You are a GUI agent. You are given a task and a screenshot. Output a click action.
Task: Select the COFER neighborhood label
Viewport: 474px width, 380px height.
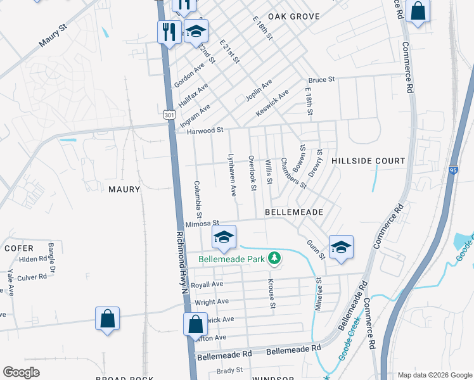[18, 248]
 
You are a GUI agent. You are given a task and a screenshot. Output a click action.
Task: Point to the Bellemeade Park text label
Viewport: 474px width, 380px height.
[232, 259]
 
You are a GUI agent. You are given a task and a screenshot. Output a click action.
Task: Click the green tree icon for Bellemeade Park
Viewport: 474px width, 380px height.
[274, 258]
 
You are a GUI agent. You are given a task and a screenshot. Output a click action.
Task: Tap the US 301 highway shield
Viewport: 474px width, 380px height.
[168, 115]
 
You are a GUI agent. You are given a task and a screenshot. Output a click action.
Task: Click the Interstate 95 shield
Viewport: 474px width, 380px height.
[452, 170]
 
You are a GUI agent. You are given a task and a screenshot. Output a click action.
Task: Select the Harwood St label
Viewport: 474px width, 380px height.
[206, 130]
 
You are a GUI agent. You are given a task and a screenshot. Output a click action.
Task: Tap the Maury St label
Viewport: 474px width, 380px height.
[54, 40]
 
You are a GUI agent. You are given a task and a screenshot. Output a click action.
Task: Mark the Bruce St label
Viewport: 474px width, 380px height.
[321, 80]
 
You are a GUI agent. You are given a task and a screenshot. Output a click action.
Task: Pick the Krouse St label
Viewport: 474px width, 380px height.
[272, 294]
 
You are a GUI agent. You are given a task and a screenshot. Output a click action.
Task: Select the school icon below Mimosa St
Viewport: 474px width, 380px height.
[223, 238]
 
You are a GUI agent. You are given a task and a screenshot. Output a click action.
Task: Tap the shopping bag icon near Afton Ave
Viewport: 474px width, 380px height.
[196, 324]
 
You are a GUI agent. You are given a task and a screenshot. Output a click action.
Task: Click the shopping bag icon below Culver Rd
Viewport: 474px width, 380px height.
[108, 319]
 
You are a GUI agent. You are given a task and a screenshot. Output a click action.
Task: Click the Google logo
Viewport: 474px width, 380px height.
[21, 372]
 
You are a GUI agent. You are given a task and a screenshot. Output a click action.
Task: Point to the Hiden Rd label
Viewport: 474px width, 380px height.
[33, 259]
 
